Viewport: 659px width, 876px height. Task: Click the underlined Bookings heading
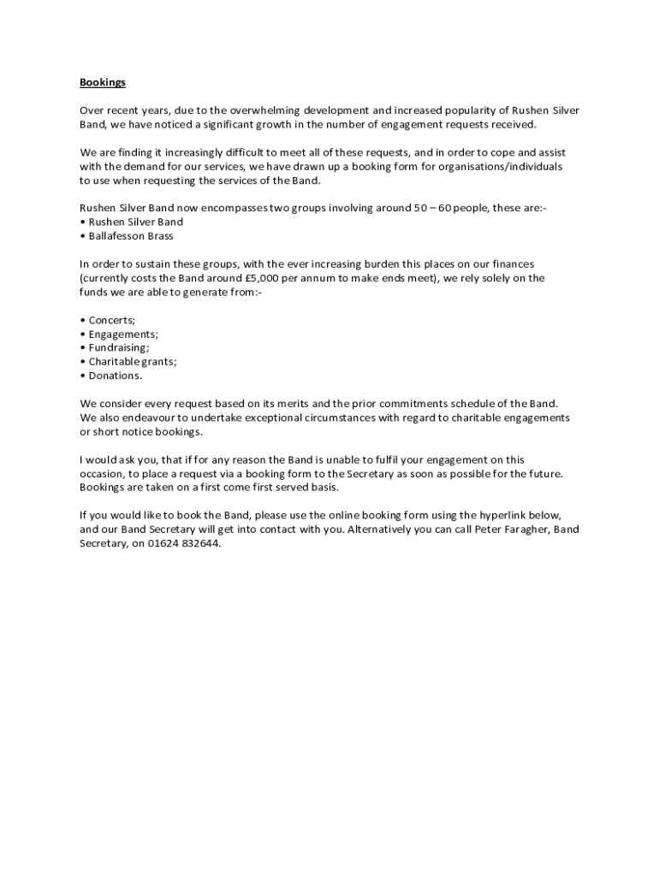point(103,82)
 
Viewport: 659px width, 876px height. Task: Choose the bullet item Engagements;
point(123,334)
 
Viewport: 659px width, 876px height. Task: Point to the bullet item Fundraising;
point(119,347)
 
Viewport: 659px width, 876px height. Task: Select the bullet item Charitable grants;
point(133,361)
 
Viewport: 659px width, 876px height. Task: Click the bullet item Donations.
point(116,375)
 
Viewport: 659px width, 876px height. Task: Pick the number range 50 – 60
point(432,208)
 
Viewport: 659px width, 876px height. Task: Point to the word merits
point(304,403)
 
